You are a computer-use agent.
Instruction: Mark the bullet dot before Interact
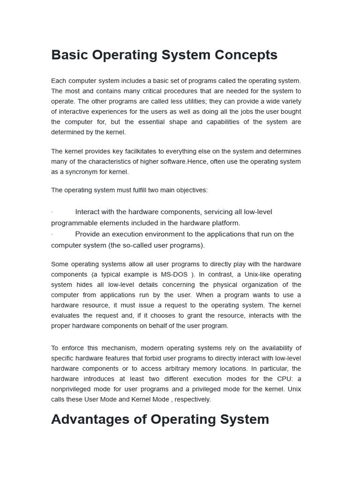[x=52, y=212]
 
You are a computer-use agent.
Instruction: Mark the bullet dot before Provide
[x=52, y=234]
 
